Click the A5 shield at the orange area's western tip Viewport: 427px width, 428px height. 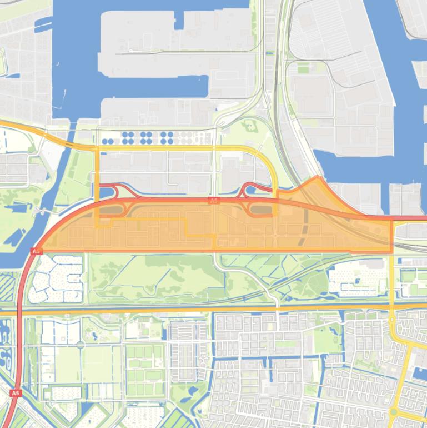37,251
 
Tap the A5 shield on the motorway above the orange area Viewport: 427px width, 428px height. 214,200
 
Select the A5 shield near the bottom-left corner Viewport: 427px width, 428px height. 16,393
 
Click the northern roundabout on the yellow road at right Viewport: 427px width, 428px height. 392,320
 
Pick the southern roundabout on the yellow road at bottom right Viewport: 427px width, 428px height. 394,412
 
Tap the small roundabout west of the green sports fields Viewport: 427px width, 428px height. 81,345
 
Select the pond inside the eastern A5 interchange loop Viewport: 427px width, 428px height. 250,191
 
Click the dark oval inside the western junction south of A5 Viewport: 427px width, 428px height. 114,210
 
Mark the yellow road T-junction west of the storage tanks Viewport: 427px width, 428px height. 98,148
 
